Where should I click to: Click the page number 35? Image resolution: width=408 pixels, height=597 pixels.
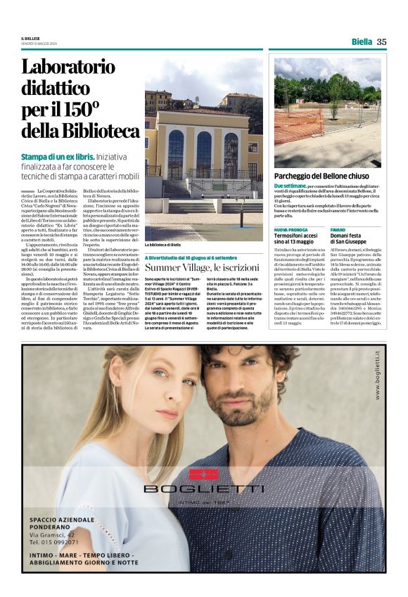tap(381, 41)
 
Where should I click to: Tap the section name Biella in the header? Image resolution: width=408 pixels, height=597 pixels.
tap(362, 41)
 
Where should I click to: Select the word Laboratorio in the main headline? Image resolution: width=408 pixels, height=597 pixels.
tap(68, 68)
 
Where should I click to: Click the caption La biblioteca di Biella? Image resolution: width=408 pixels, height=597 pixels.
tap(163, 245)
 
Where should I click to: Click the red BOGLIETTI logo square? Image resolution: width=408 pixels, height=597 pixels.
tap(204, 473)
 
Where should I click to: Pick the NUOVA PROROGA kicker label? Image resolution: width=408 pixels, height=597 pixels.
tap(290, 229)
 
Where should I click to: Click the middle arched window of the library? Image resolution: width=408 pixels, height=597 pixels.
tap(204, 155)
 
